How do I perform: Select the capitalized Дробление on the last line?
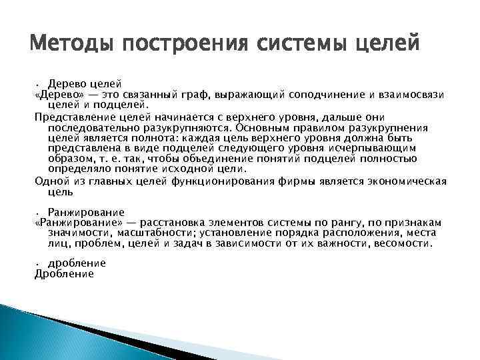(x=65, y=274)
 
